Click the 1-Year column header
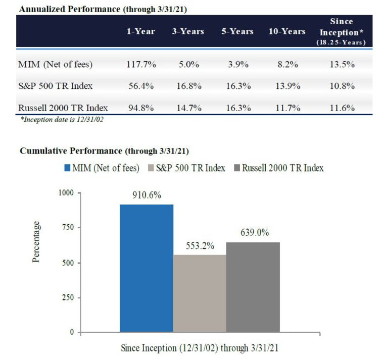pos(140,31)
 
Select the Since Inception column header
pos(341,31)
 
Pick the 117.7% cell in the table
pos(140,64)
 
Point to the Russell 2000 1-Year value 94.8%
pos(140,108)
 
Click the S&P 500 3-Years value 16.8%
pos(188,86)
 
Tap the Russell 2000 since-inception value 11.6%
pos(341,108)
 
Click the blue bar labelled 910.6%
pos(146,268)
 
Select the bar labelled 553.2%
pos(199,293)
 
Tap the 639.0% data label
pos(252,233)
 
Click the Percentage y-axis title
pos(36,242)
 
